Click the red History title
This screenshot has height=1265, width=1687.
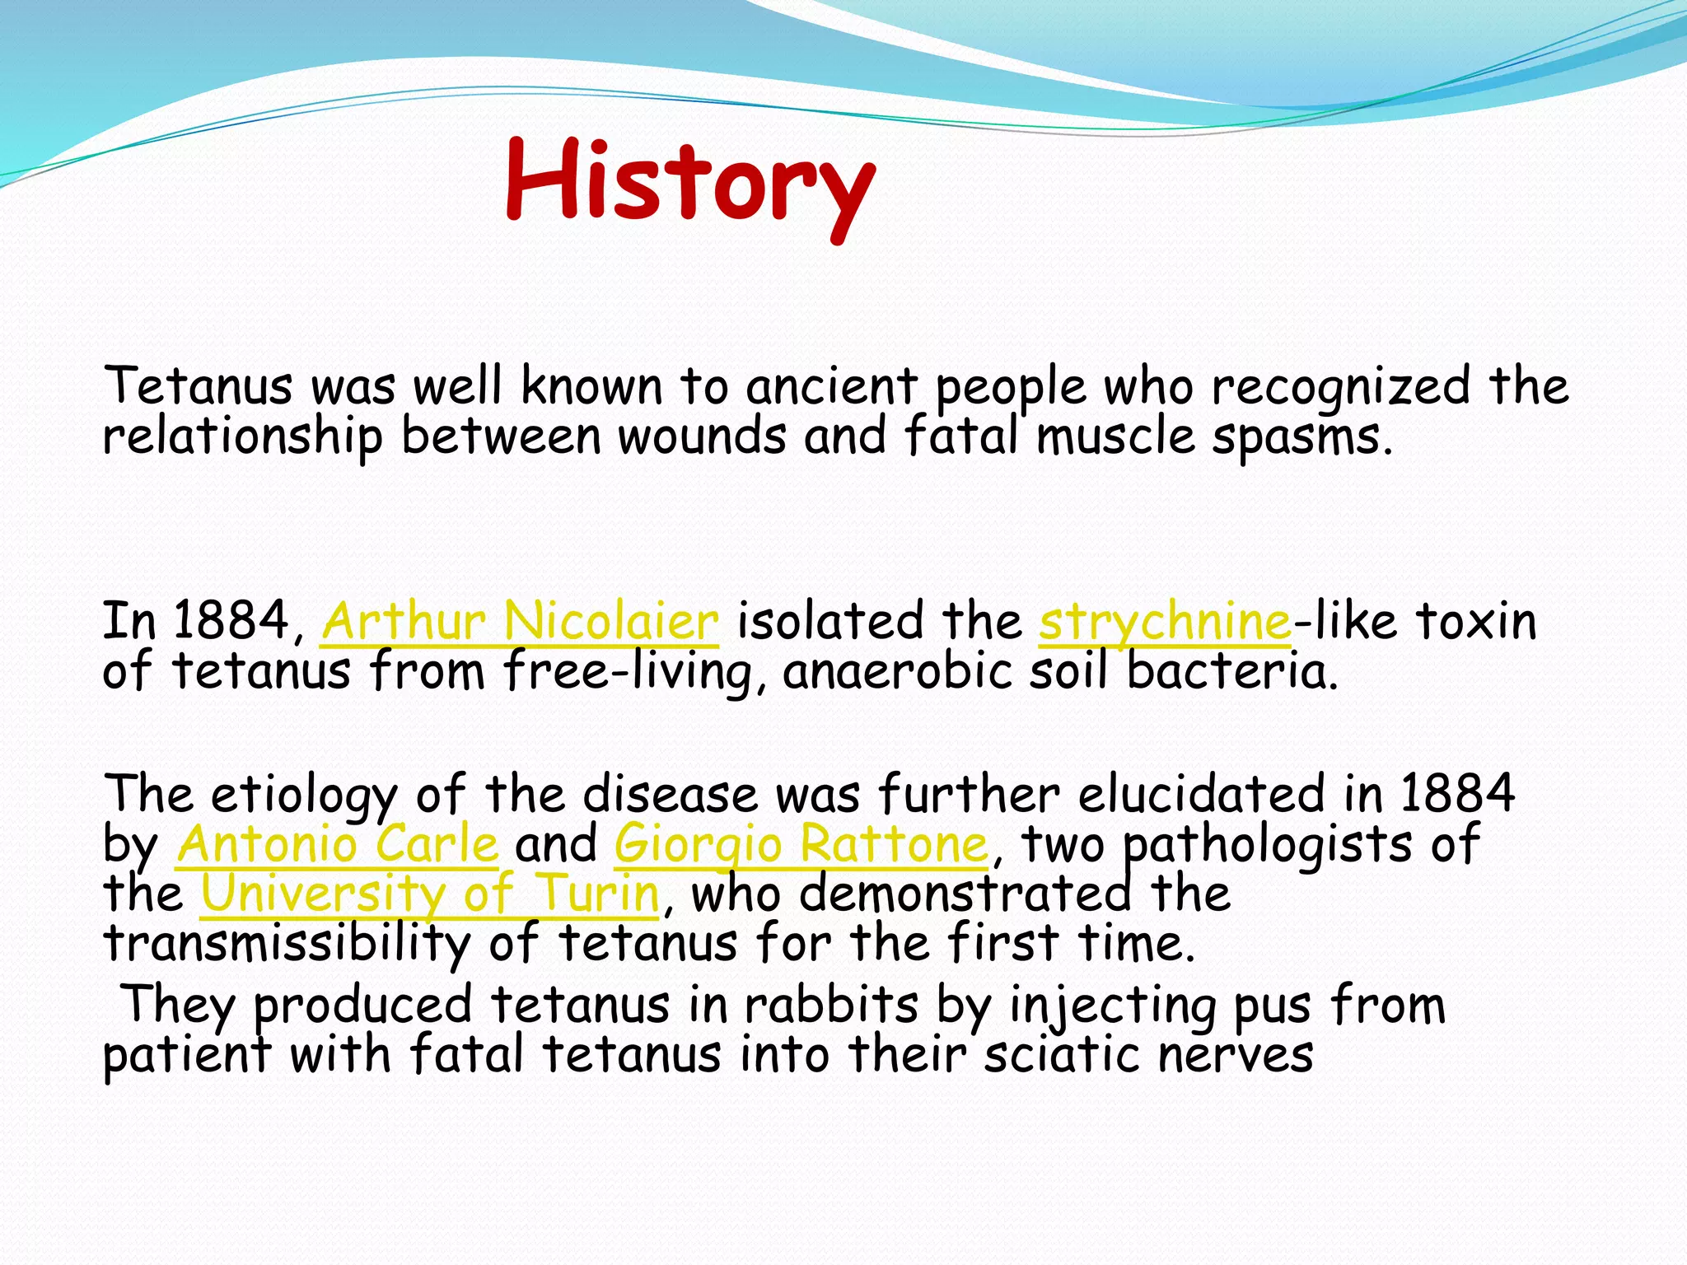(x=690, y=183)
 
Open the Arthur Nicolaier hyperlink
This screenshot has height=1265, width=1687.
(x=520, y=621)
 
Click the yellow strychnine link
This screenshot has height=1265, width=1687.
(x=1165, y=623)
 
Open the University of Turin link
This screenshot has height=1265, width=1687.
(x=430, y=894)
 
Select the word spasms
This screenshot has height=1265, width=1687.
(x=1301, y=437)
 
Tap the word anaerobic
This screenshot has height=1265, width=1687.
(x=896, y=671)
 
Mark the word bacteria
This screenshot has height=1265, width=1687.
(x=1231, y=671)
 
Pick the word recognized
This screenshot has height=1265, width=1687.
(x=1340, y=386)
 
